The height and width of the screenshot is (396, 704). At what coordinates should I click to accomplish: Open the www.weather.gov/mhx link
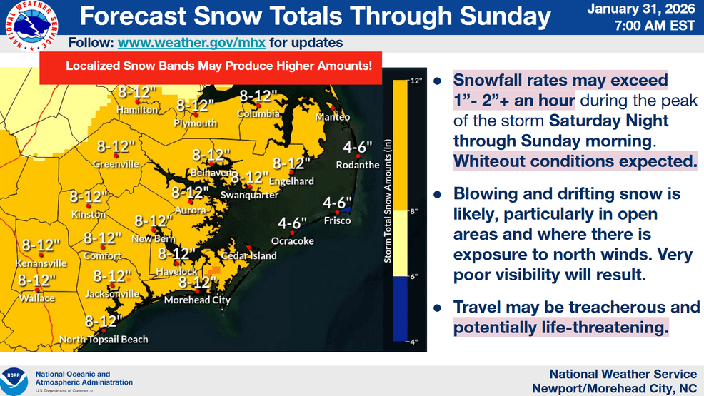[191, 43]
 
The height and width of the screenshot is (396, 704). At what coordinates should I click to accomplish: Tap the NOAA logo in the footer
[14, 380]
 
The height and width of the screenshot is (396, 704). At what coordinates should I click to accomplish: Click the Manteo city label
[333, 116]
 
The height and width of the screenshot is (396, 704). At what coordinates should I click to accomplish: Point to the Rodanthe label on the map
[358, 165]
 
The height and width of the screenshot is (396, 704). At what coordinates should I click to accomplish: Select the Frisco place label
[337, 220]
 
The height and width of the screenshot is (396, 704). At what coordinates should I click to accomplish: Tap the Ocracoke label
[292, 240]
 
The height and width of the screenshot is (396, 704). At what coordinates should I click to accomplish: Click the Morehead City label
[197, 300]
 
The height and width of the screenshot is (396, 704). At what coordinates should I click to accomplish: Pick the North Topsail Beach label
[104, 339]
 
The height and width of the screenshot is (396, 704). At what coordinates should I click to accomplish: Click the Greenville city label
[116, 164]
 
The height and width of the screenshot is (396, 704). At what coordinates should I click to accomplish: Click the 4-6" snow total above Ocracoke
[292, 223]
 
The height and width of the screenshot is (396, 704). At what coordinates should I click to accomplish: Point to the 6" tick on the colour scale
[413, 277]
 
